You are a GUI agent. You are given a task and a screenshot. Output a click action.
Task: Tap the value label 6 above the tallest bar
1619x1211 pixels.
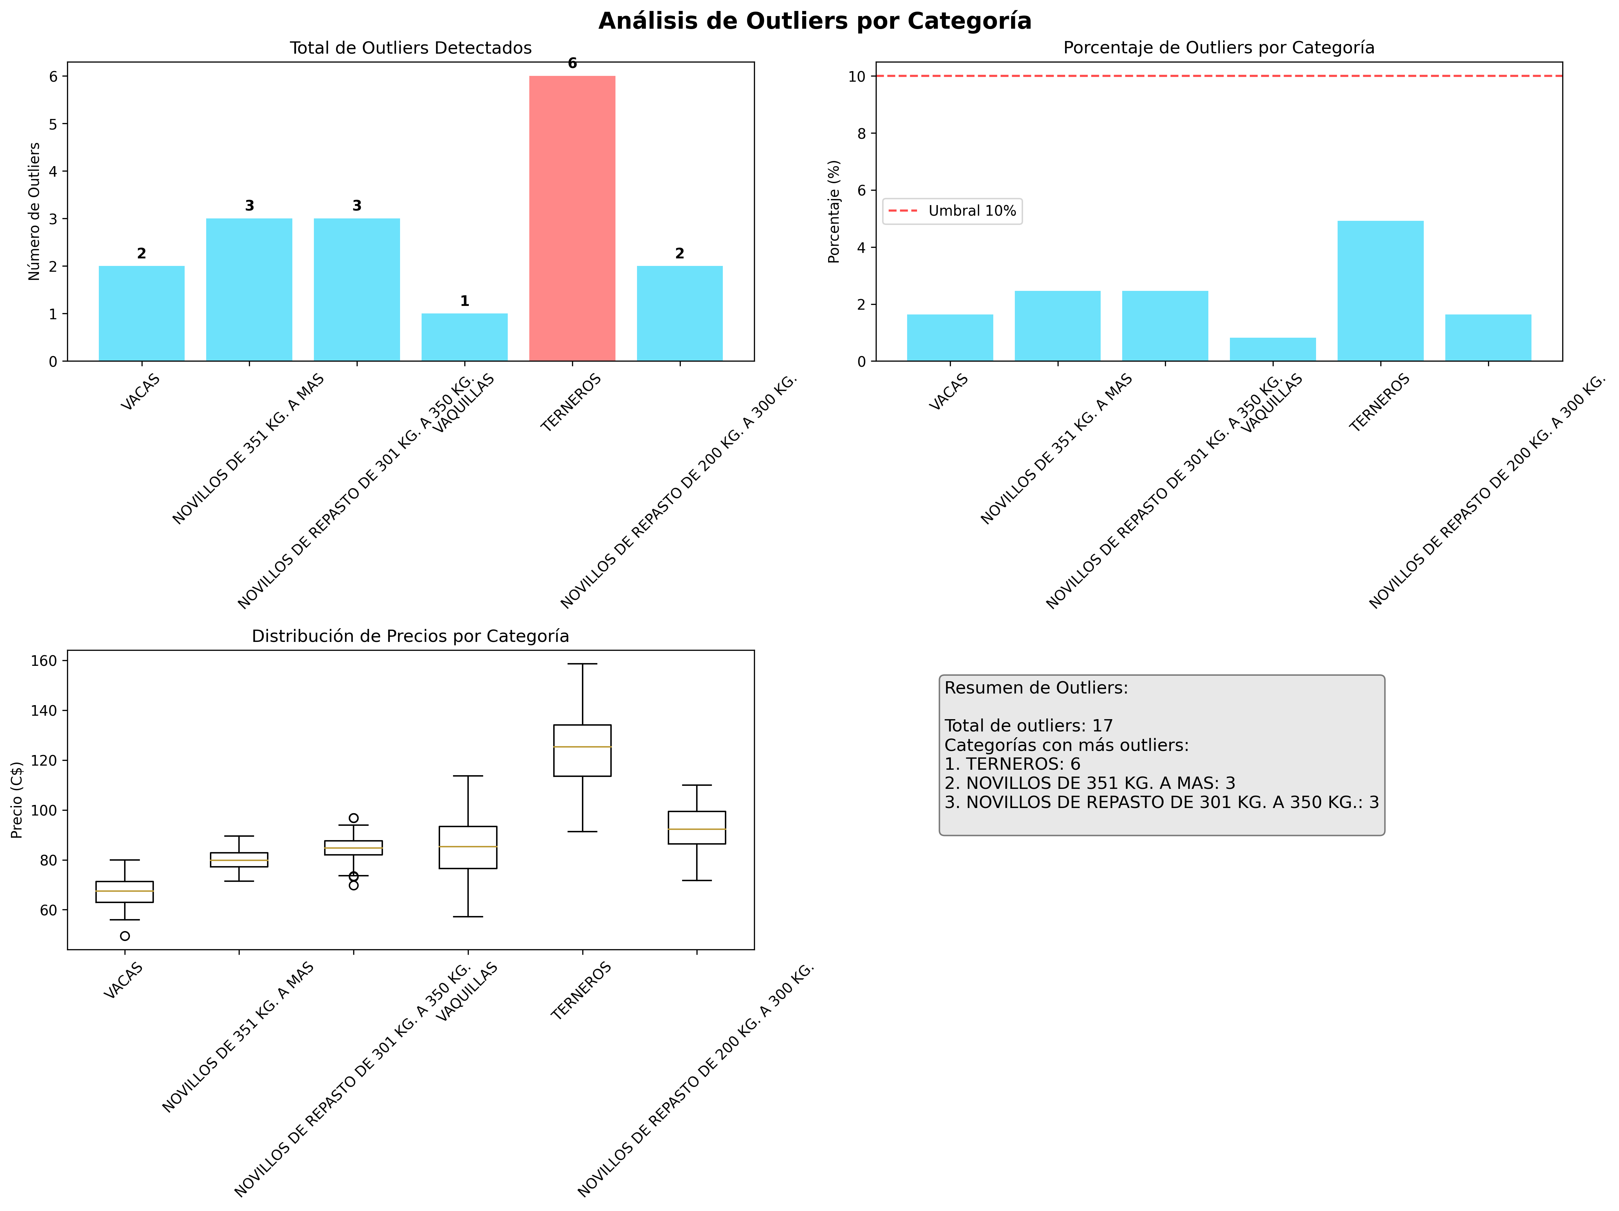pos(572,64)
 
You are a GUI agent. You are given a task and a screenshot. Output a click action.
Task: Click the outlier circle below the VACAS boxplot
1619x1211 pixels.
pos(125,936)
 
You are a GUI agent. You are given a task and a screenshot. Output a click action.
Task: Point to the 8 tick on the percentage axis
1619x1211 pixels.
pos(861,133)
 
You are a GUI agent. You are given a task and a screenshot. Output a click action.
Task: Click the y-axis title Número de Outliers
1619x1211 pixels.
pos(35,212)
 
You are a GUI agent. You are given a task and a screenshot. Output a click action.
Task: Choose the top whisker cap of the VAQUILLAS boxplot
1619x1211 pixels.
pos(468,776)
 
